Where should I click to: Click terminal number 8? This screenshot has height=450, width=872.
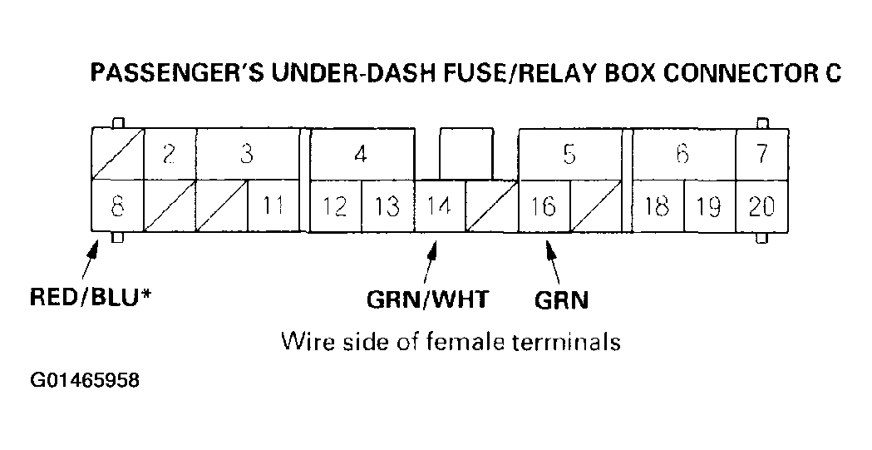pyautogui.click(x=117, y=205)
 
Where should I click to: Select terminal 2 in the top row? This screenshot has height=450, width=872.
pyautogui.click(x=170, y=155)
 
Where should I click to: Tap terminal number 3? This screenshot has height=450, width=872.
pyautogui.click(x=246, y=155)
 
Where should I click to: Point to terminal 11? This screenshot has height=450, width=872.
pyautogui.click(x=273, y=205)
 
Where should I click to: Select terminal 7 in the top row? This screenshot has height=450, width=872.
pyautogui.click(x=762, y=155)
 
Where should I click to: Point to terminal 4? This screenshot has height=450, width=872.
pyautogui.click(x=361, y=155)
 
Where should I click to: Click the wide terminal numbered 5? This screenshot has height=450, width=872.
pyautogui.click(x=569, y=155)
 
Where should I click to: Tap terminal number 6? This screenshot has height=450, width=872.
pyautogui.click(x=683, y=155)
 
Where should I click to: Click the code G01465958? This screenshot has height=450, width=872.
pyautogui.click(x=85, y=382)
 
